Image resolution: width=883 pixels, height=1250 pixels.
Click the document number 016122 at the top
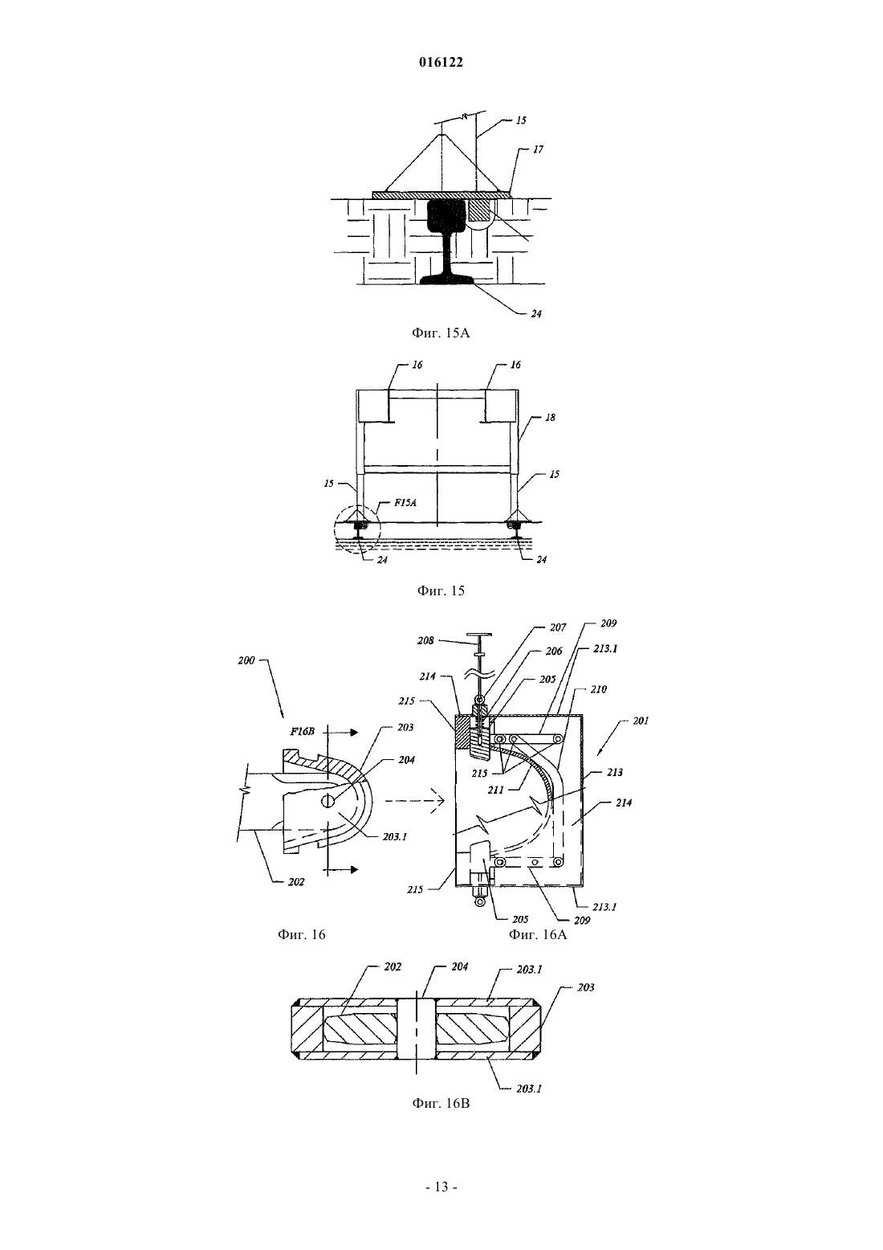441,63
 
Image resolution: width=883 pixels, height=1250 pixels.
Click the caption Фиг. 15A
441,333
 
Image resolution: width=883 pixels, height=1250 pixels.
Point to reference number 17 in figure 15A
538,149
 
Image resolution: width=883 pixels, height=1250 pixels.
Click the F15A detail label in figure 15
405,502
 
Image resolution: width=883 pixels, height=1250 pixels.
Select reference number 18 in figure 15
550,418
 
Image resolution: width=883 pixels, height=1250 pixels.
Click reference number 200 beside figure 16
246,660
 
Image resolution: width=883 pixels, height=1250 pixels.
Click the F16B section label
302,732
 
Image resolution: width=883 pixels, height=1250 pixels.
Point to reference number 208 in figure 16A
425,640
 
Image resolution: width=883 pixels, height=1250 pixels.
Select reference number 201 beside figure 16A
641,721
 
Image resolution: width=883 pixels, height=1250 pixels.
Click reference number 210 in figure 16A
598,690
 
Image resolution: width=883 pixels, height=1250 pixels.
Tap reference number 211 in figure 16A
495,790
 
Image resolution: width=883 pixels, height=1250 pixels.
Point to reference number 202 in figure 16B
393,966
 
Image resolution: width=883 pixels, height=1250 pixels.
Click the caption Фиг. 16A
537,935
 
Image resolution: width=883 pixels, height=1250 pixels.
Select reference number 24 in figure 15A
535,314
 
